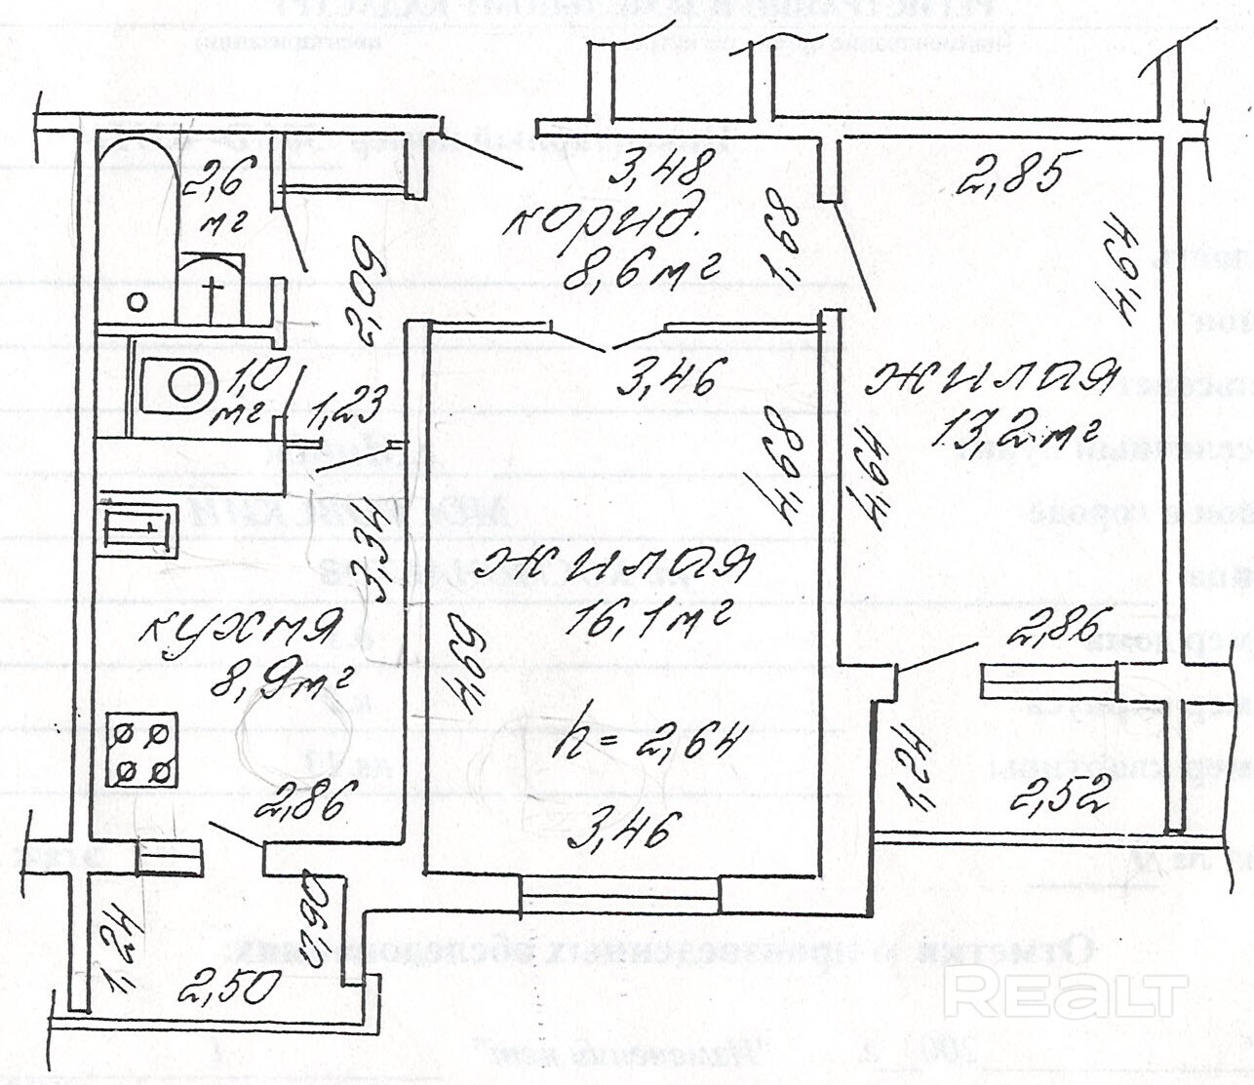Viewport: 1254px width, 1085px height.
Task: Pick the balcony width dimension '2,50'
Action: tap(225, 986)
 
